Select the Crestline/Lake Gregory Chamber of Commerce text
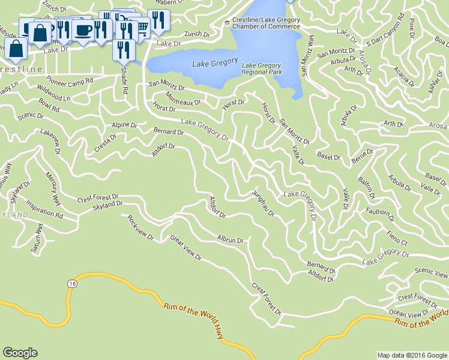tap(266, 23)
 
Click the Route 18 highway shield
tap(72, 283)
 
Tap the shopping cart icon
tap(142, 27)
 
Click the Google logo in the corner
tap(20, 353)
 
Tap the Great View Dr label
tap(185, 249)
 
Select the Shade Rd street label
tap(125, 82)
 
